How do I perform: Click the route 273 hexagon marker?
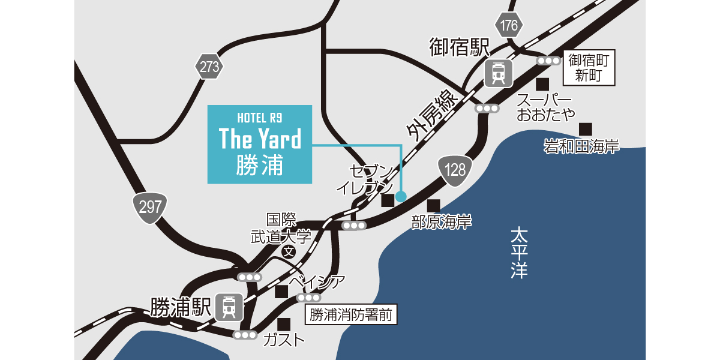coord(209,67)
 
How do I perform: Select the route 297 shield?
coord(150,207)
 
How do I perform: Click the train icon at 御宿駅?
coord(499,73)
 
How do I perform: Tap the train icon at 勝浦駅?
coord(229,307)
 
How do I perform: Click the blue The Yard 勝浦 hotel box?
coord(260,144)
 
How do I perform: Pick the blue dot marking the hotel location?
coord(401,196)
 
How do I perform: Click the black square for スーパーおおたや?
coord(542,83)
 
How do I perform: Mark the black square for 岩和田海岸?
coord(585,128)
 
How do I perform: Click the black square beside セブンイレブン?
coord(387,200)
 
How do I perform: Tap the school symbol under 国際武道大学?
coord(289,252)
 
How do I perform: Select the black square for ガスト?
coord(284,324)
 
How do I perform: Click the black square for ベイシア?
coord(281,292)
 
